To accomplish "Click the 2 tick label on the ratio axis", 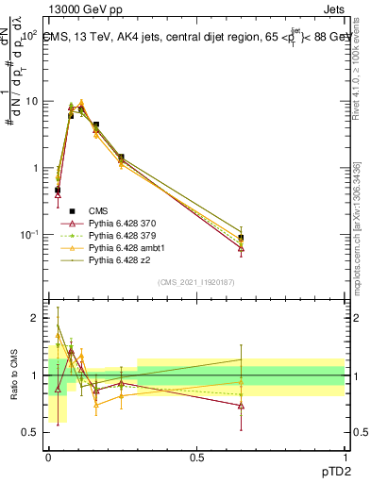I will point(34,319).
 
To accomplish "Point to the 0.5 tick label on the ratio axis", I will point(30,433).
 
